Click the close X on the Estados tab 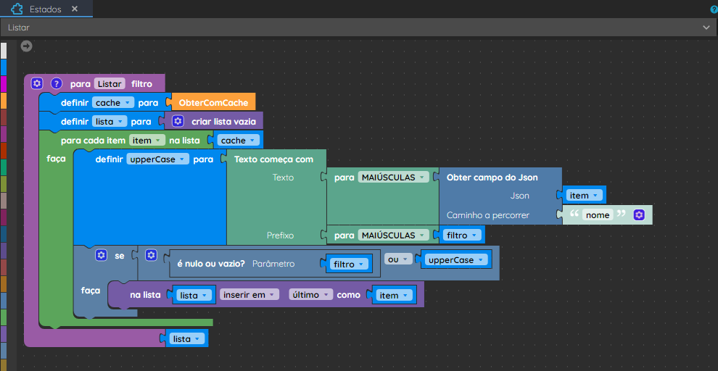coord(75,9)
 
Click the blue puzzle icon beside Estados coord(17,9)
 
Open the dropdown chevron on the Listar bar coord(706,28)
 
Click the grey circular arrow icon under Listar coord(27,46)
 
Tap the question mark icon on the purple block coord(56,84)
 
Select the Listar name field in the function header coord(110,84)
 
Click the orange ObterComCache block coord(213,103)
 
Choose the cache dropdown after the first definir coord(112,103)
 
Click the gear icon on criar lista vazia coord(178,121)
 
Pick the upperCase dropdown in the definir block coord(157,159)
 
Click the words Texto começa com coord(274,159)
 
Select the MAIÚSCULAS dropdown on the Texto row coord(393,177)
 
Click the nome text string coord(598,215)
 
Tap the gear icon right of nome coord(639,215)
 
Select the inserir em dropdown coord(249,295)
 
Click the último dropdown coord(311,295)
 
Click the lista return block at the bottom coord(186,339)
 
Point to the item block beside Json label coord(583,196)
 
